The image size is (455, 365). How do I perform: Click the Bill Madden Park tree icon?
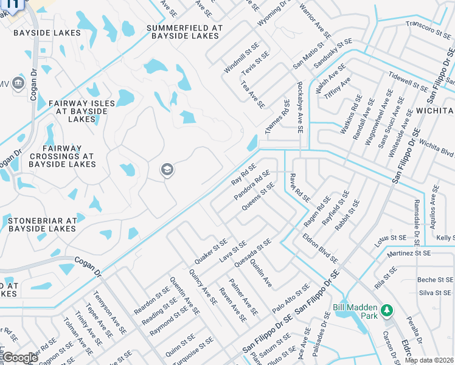pyautogui.click(x=386, y=311)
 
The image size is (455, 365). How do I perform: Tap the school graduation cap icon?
pyautogui.click(x=167, y=170)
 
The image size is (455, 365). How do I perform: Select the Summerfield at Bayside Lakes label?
pyautogui.click(x=184, y=32)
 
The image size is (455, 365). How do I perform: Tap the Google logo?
pyautogui.click(x=19, y=358)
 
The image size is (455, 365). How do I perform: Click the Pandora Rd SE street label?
pyautogui.click(x=252, y=186)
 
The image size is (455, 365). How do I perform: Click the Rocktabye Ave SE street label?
pyautogui.click(x=299, y=108)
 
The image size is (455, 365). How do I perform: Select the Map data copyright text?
pyautogui.click(x=429, y=360)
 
